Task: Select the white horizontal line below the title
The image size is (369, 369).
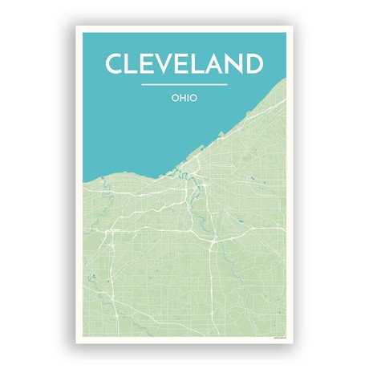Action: click(184, 83)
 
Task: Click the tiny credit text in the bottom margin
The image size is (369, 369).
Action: click(277, 338)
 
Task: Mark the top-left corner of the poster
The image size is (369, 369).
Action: click(77, 26)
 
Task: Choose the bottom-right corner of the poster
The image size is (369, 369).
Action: click(293, 343)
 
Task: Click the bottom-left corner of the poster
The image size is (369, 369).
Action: click(77, 343)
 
